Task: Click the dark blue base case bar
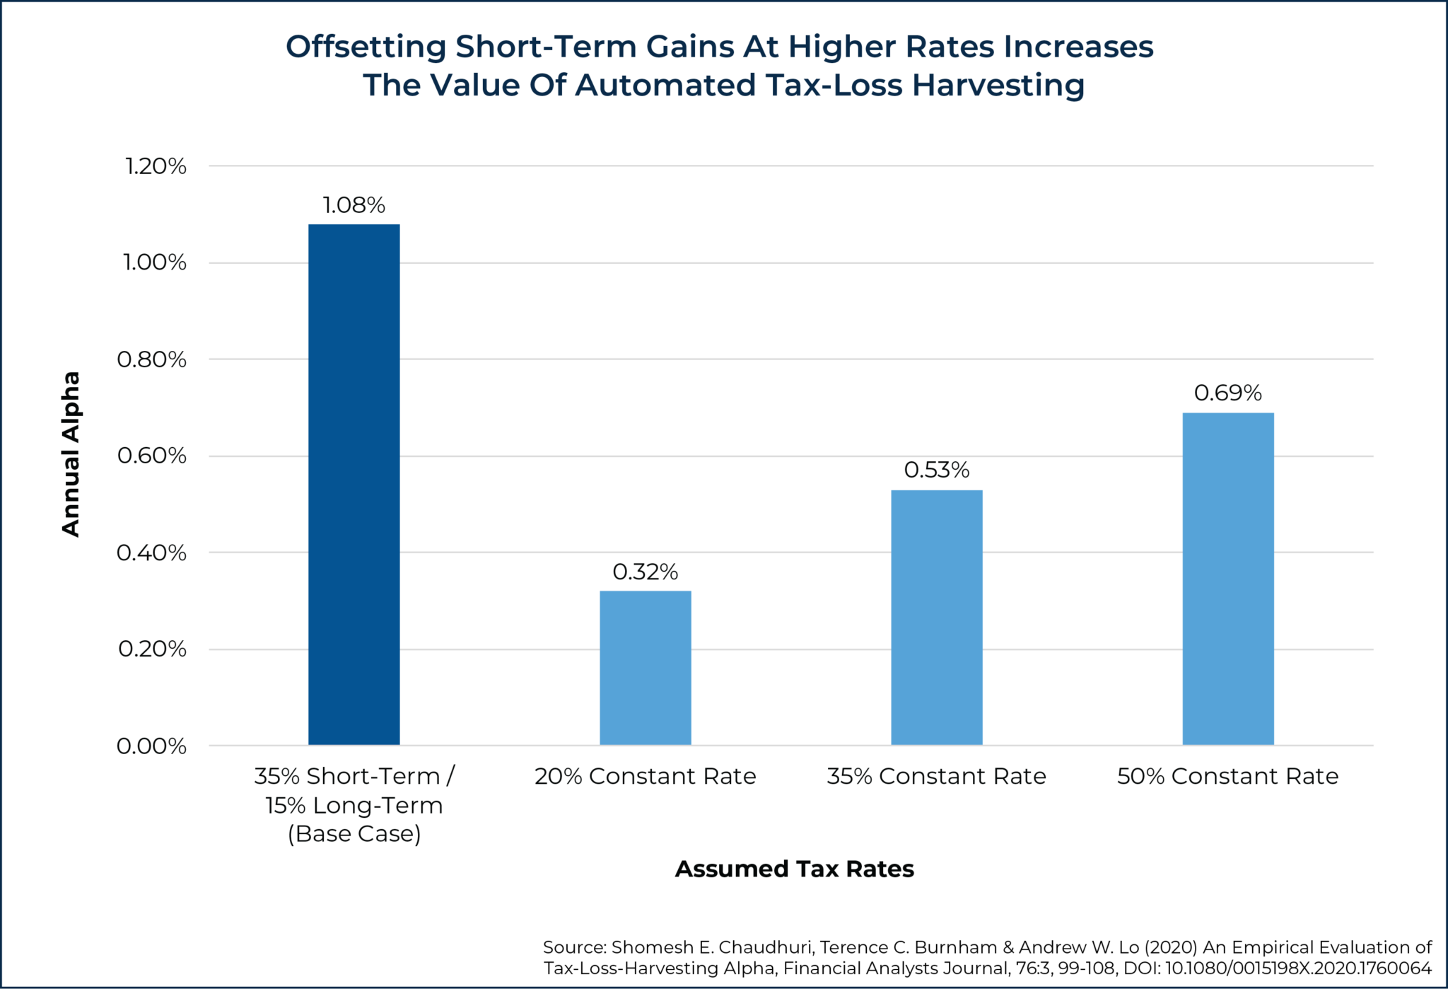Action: (x=354, y=485)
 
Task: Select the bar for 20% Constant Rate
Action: (x=645, y=668)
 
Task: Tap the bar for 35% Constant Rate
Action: (x=936, y=617)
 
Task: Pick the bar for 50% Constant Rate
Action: (x=1227, y=579)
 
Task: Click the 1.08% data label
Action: (x=354, y=205)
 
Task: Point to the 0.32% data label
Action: (x=645, y=572)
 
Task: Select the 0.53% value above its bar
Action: (x=936, y=470)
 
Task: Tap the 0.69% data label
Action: (x=1227, y=393)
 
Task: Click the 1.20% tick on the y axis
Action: (x=156, y=166)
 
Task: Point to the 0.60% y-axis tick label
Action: (x=152, y=456)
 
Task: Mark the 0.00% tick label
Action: (x=151, y=746)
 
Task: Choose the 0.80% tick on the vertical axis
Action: (x=152, y=359)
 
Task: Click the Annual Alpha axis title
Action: (x=71, y=454)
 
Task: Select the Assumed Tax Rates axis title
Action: (x=794, y=869)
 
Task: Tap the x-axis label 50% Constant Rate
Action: (x=1227, y=776)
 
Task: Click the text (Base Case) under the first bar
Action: (x=354, y=834)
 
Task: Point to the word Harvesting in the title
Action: (x=998, y=86)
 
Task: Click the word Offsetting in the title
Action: (x=366, y=47)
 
